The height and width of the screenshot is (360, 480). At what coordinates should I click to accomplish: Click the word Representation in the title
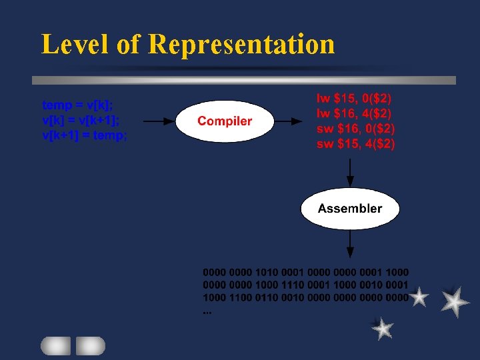tap(241, 44)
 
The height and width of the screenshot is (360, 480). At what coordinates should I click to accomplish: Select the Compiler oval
tap(225, 121)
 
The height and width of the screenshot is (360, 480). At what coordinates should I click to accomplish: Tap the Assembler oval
tap(350, 209)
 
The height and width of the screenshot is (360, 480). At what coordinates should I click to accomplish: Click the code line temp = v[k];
tap(77, 105)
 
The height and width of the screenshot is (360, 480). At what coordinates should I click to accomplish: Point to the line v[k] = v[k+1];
tap(81, 120)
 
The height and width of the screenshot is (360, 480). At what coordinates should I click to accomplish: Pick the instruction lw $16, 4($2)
tap(355, 113)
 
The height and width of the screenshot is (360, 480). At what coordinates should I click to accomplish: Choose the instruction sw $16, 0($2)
tap(356, 128)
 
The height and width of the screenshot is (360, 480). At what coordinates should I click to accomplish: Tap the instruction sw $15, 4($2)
tap(356, 143)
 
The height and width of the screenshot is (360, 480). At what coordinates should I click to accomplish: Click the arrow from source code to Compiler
tap(159, 121)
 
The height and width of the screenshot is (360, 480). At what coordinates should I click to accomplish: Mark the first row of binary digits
tap(306, 273)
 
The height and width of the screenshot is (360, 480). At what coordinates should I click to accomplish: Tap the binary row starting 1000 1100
tap(306, 298)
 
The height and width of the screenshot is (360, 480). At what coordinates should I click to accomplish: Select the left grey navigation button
tap(55, 345)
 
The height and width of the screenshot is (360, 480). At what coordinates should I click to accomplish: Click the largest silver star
tap(455, 301)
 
